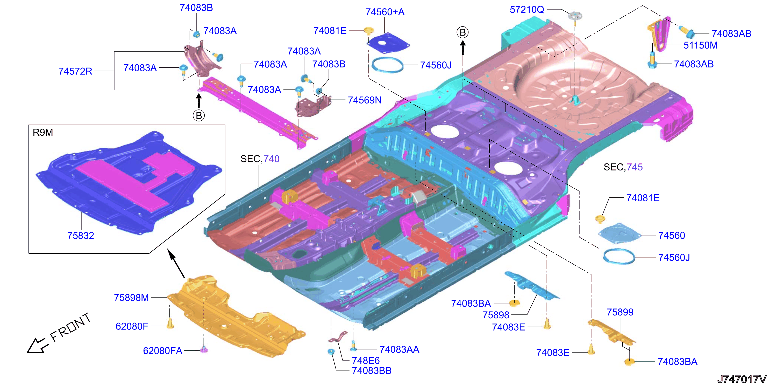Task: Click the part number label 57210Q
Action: [x=527, y=10]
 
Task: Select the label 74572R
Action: [x=75, y=71]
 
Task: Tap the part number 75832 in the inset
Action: [x=81, y=236]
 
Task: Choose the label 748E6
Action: [x=366, y=361]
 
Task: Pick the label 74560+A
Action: [x=385, y=12]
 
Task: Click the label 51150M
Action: [x=700, y=45]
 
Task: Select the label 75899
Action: [x=620, y=312]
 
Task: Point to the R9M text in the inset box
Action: [x=43, y=132]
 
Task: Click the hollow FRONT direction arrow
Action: [x=37, y=346]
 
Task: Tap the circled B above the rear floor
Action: [x=462, y=32]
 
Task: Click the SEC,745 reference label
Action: [x=623, y=167]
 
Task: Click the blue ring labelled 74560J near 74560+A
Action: [x=387, y=65]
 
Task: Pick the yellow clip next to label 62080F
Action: [x=170, y=324]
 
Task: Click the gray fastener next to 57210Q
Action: [x=575, y=15]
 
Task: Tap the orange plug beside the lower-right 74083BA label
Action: [x=629, y=362]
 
